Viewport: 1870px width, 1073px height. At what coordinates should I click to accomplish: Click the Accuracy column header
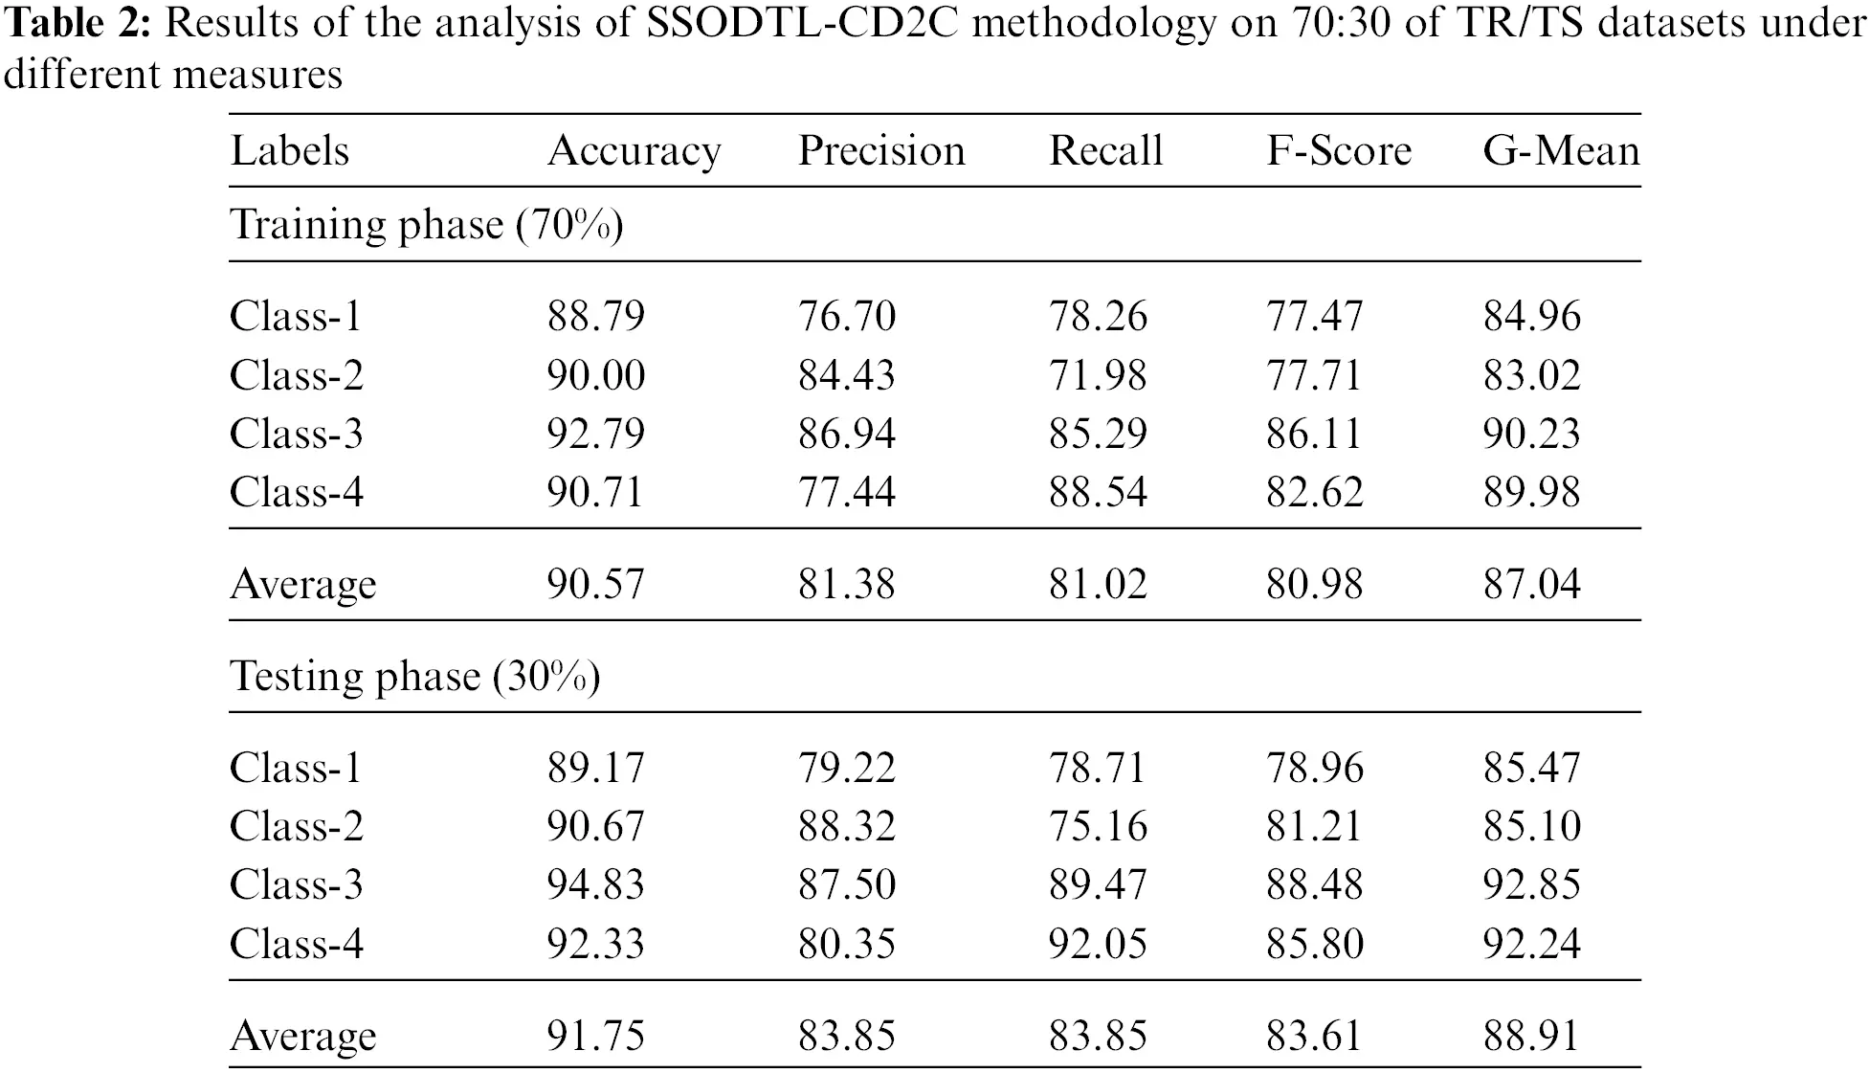(634, 151)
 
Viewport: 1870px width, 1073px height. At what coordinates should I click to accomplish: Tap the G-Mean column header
(1561, 151)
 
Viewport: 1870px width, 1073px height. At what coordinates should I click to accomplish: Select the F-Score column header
(1339, 151)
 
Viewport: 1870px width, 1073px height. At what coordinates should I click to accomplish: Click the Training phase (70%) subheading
(427, 225)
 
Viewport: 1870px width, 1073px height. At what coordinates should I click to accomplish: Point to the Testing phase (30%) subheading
(415, 677)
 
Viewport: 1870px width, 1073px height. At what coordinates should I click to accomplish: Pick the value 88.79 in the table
(595, 316)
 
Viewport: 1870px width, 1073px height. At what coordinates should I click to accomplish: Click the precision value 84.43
(846, 374)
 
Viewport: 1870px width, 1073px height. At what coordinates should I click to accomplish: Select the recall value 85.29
(1097, 434)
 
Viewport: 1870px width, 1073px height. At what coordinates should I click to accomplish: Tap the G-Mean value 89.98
(1531, 492)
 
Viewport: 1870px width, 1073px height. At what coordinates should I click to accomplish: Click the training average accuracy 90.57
(595, 584)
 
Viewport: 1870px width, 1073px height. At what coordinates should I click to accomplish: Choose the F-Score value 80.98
(1314, 584)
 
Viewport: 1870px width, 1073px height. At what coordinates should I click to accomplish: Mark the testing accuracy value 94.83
(595, 884)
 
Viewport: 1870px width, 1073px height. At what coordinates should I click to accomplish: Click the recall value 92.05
(1097, 944)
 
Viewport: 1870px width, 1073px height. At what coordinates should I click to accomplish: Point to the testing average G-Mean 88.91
(1531, 1036)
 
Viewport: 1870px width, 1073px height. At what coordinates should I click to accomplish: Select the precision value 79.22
(846, 768)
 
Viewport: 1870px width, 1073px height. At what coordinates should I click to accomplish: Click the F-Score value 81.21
(1314, 826)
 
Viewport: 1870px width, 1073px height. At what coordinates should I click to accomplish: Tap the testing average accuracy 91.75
(595, 1036)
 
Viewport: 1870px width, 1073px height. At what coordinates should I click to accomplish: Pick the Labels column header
(290, 151)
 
